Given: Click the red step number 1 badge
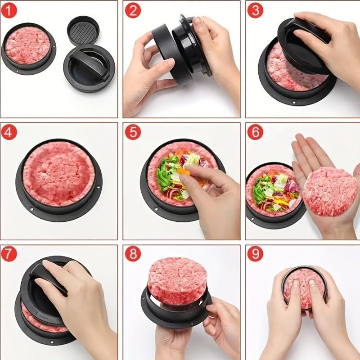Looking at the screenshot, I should click(x=9, y=9).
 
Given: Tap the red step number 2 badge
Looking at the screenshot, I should click(x=132, y=9).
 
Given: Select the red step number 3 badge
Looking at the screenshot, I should click(x=255, y=9).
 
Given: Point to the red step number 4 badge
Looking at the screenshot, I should click(x=9, y=132).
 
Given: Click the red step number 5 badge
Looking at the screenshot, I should click(x=132, y=132).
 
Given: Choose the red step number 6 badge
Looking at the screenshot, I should click(x=255, y=132).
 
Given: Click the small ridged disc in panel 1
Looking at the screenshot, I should click(x=83, y=30).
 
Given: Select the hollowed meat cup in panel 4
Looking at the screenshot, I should click(x=58, y=173).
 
